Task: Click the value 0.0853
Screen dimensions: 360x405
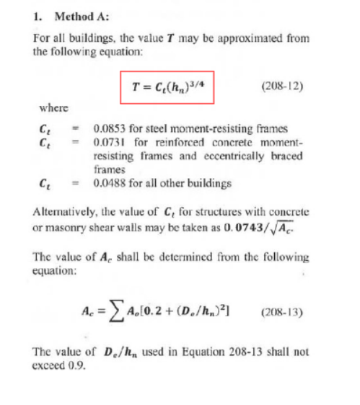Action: coord(109,129)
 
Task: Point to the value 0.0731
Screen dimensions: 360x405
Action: coord(109,141)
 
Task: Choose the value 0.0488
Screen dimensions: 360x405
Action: coord(109,184)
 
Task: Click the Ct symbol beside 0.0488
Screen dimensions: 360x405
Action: coord(44,184)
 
